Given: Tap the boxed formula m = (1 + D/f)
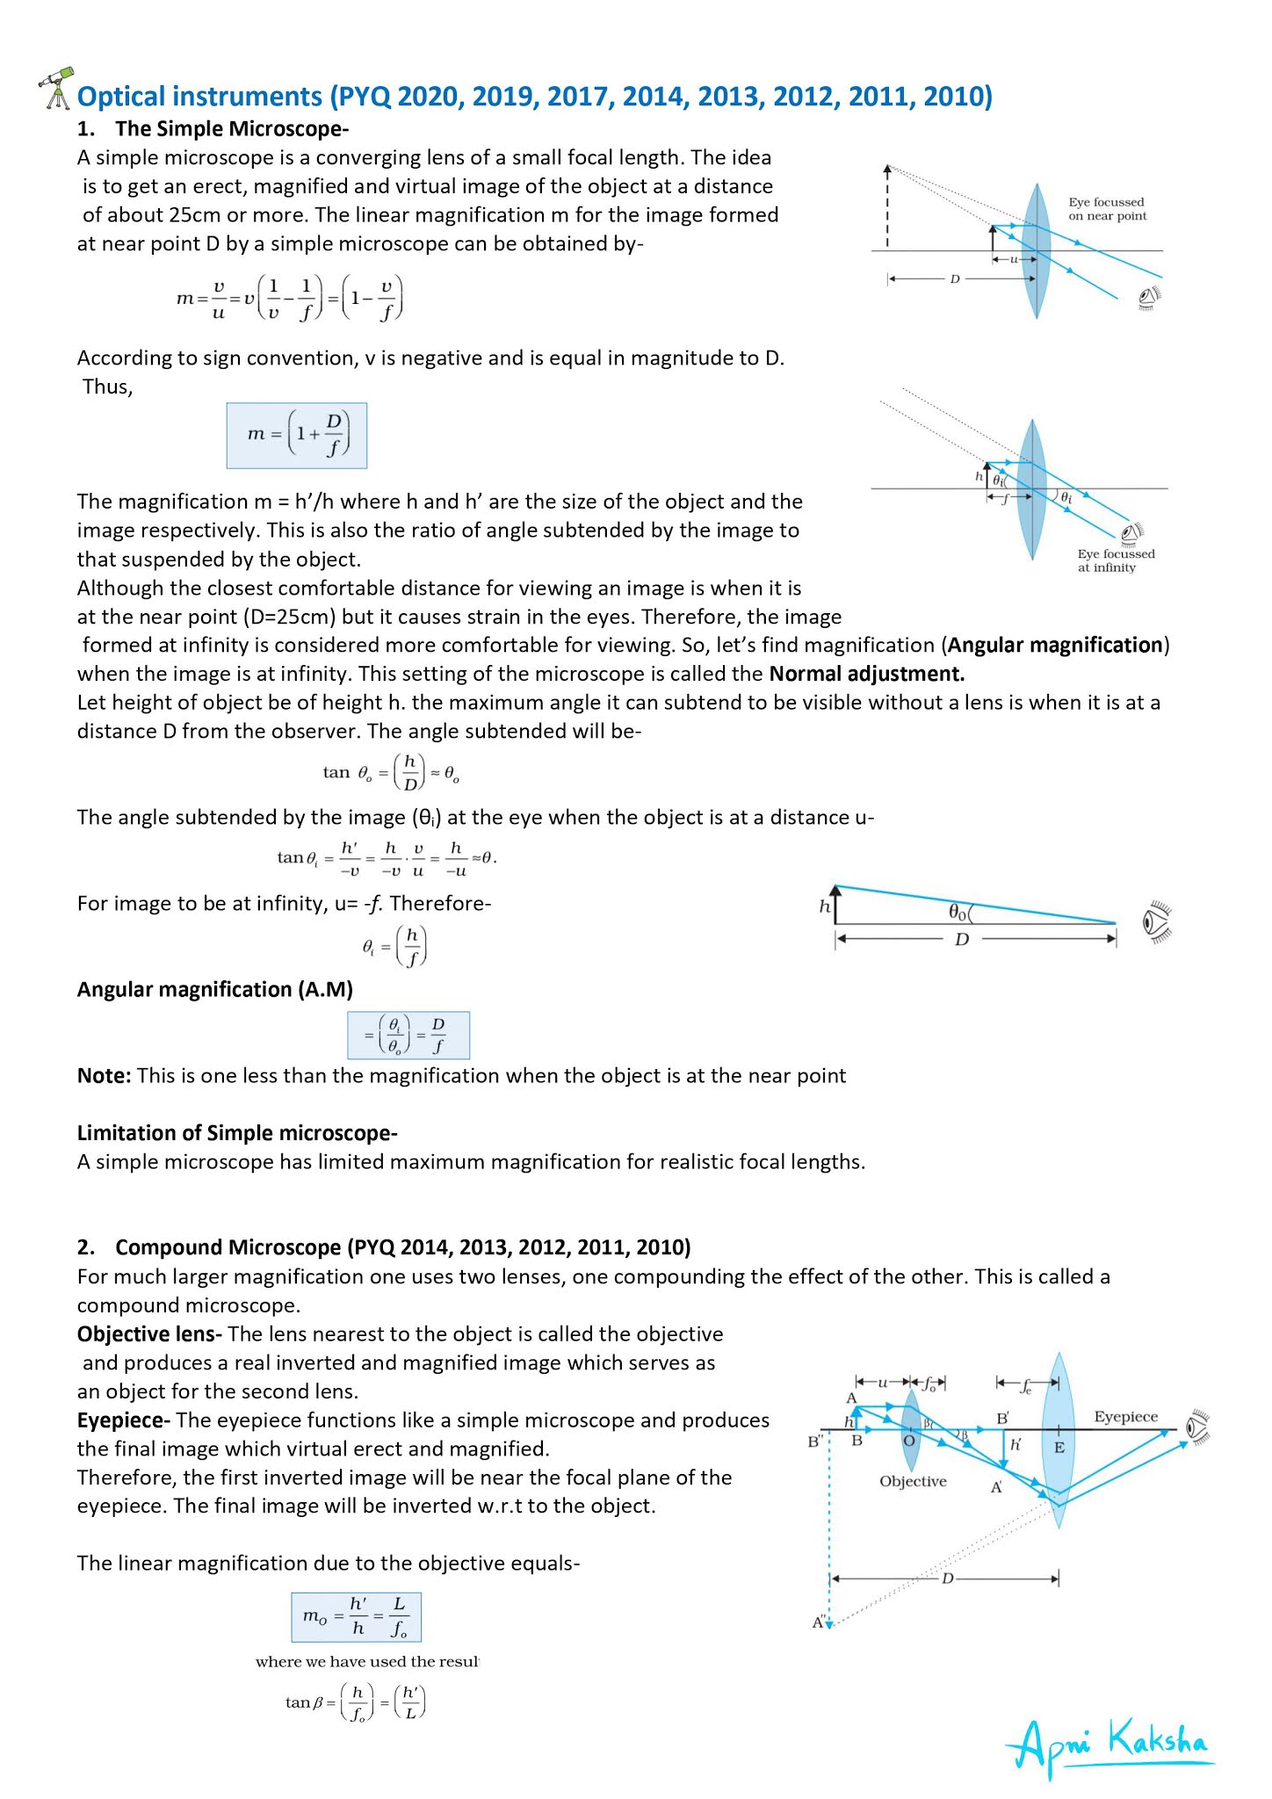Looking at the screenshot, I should click(x=297, y=436).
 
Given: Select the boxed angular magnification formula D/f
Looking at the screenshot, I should click(x=408, y=1036).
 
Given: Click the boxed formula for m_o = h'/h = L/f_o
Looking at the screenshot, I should click(x=356, y=1617).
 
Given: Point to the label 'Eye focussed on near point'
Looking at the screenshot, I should click(x=1107, y=209).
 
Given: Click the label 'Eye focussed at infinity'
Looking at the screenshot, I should click(x=1116, y=560).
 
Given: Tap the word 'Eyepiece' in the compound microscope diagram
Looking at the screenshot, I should click(x=1125, y=1417).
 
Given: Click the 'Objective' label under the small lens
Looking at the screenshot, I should click(x=913, y=1481).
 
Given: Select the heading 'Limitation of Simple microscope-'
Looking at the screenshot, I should click(x=237, y=1133).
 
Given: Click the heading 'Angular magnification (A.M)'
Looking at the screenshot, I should click(x=215, y=990).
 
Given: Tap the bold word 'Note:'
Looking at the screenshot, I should click(x=105, y=1076).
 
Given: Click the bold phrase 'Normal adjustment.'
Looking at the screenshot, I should click(x=866, y=674).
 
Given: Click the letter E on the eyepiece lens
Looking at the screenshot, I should click(x=1059, y=1448).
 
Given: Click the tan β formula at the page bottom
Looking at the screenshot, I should click(x=356, y=1702).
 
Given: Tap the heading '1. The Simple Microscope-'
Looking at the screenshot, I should click(x=213, y=129).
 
